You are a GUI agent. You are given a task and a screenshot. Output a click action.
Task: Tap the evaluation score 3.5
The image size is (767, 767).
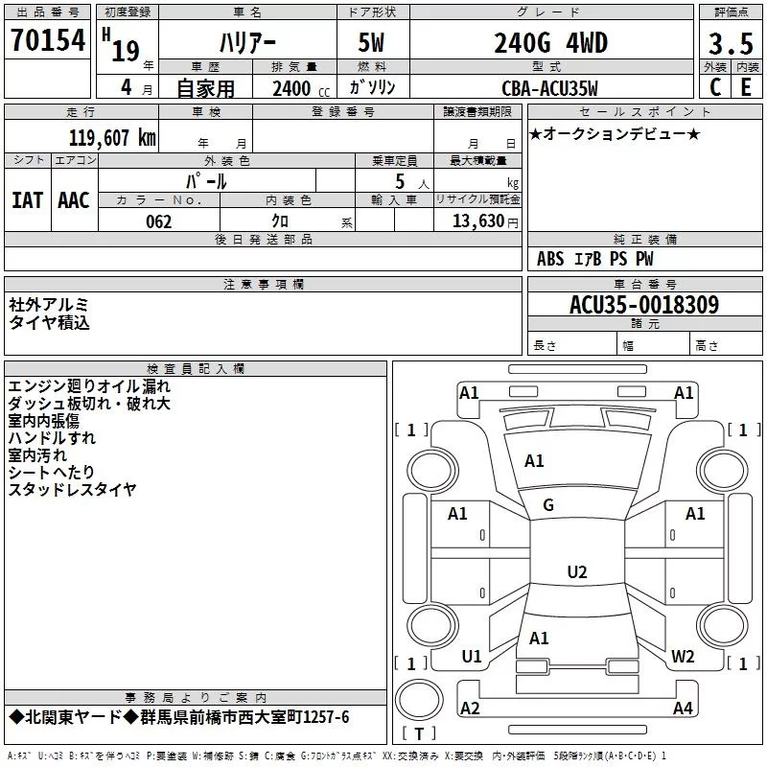click(730, 44)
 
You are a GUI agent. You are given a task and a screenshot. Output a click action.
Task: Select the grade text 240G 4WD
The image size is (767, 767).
click(550, 43)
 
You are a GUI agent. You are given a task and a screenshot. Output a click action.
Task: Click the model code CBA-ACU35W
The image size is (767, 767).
click(549, 88)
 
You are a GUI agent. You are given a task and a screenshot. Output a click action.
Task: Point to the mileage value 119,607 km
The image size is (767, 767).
click(111, 137)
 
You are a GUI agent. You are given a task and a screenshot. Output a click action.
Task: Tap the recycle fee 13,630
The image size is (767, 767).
click(479, 221)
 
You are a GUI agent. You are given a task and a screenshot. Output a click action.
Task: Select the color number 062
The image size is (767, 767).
click(158, 221)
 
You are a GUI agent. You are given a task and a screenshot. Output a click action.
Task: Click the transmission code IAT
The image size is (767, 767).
click(27, 200)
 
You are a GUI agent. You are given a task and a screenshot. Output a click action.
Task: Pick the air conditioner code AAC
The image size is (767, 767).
click(73, 200)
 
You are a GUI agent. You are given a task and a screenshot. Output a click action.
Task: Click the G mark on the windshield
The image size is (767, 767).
click(548, 505)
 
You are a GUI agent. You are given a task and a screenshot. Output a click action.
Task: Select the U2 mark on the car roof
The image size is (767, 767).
click(576, 572)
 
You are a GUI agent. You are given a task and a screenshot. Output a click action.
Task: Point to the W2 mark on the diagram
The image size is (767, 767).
click(683, 657)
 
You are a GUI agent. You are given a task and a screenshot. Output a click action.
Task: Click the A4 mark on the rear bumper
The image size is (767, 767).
click(683, 709)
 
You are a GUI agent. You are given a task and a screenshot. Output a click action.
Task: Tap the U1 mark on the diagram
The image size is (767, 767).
click(471, 657)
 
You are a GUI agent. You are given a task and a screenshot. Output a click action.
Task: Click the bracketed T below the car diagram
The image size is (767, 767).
click(418, 735)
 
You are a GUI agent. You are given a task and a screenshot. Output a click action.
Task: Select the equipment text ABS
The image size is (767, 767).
click(550, 259)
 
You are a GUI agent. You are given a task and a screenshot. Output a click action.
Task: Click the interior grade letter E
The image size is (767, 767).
click(745, 88)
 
